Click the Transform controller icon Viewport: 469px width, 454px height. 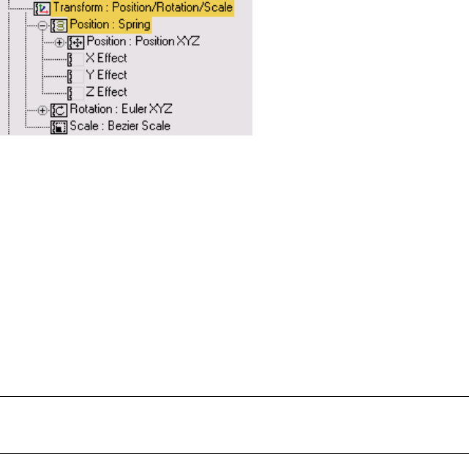[42, 10]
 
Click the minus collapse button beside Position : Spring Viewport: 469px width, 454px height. [43, 26]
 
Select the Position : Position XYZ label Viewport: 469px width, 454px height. [143, 42]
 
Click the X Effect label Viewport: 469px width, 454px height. [106, 59]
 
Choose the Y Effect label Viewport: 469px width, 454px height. [106, 75]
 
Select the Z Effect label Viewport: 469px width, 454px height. [106, 92]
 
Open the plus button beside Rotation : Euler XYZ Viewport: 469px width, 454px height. [43, 110]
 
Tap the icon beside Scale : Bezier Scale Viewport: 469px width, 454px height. [59, 127]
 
